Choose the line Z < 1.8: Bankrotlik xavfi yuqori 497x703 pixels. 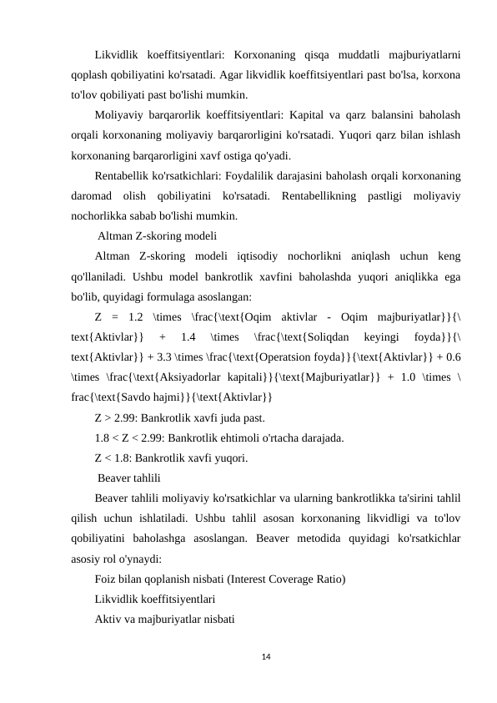pyautogui.click(x=171, y=458)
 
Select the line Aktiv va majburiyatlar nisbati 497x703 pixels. pyautogui.click(x=164, y=620)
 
